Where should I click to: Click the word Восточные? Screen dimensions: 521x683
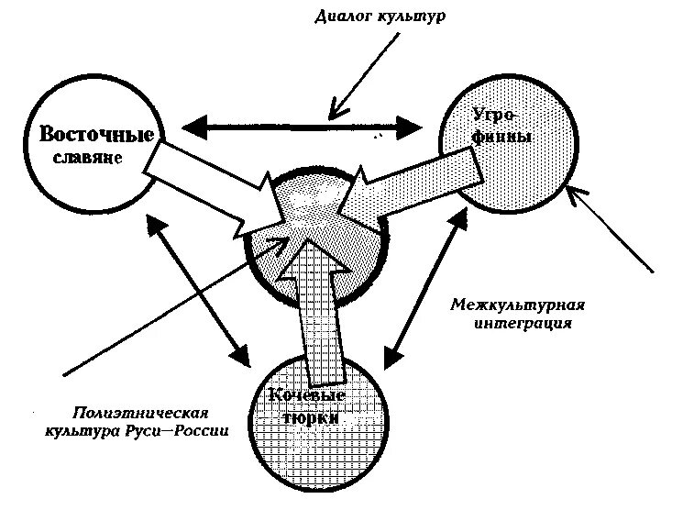95,135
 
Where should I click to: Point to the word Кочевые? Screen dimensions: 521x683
305,396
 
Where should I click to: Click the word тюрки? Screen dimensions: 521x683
308,417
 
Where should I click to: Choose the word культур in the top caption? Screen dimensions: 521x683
414,17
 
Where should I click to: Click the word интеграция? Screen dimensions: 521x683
525,323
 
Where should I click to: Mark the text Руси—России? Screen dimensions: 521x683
190,430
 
